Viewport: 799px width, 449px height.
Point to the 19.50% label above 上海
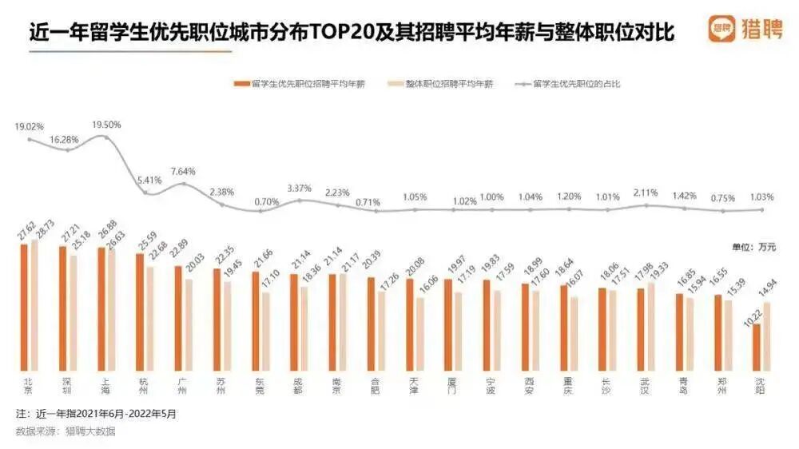coord(106,125)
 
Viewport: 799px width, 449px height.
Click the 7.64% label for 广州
coord(183,171)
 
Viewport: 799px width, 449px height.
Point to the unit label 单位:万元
coord(753,247)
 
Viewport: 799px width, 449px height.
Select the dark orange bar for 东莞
coord(256,320)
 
